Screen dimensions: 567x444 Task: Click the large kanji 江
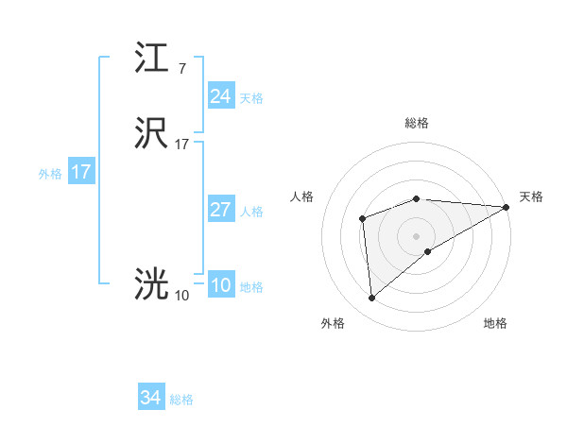[x=152, y=59]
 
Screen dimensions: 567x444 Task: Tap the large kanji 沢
[x=152, y=133]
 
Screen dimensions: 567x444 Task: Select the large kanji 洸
[x=152, y=284]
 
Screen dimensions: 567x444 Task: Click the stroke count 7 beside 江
[x=181, y=69]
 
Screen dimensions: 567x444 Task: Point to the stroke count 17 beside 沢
[x=181, y=145]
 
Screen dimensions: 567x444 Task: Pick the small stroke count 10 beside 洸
[x=181, y=296]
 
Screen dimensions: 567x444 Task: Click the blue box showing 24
[x=220, y=95]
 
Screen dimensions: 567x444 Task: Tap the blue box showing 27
[x=220, y=210]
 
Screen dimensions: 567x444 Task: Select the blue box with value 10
[x=220, y=286]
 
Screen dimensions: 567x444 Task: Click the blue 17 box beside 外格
[x=81, y=173]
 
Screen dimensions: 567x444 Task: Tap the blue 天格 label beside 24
[x=251, y=97]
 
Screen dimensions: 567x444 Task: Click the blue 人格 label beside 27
[x=251, y=212]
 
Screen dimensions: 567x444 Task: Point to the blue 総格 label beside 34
[x=181, y=401]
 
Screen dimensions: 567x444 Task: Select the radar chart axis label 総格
[x=417, y=123]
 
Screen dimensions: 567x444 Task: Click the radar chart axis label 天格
[x=531, y=196]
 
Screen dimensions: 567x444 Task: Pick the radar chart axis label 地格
[x=495, y=323]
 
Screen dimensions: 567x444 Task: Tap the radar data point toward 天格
[x=507, y=207]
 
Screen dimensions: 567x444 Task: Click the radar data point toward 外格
[x=371, y=299]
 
